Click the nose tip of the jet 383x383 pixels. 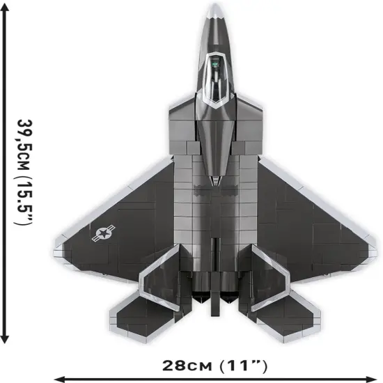[x=216, y=6]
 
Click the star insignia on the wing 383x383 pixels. [x=104, y=233]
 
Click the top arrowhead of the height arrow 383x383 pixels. [x=6, y=15]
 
